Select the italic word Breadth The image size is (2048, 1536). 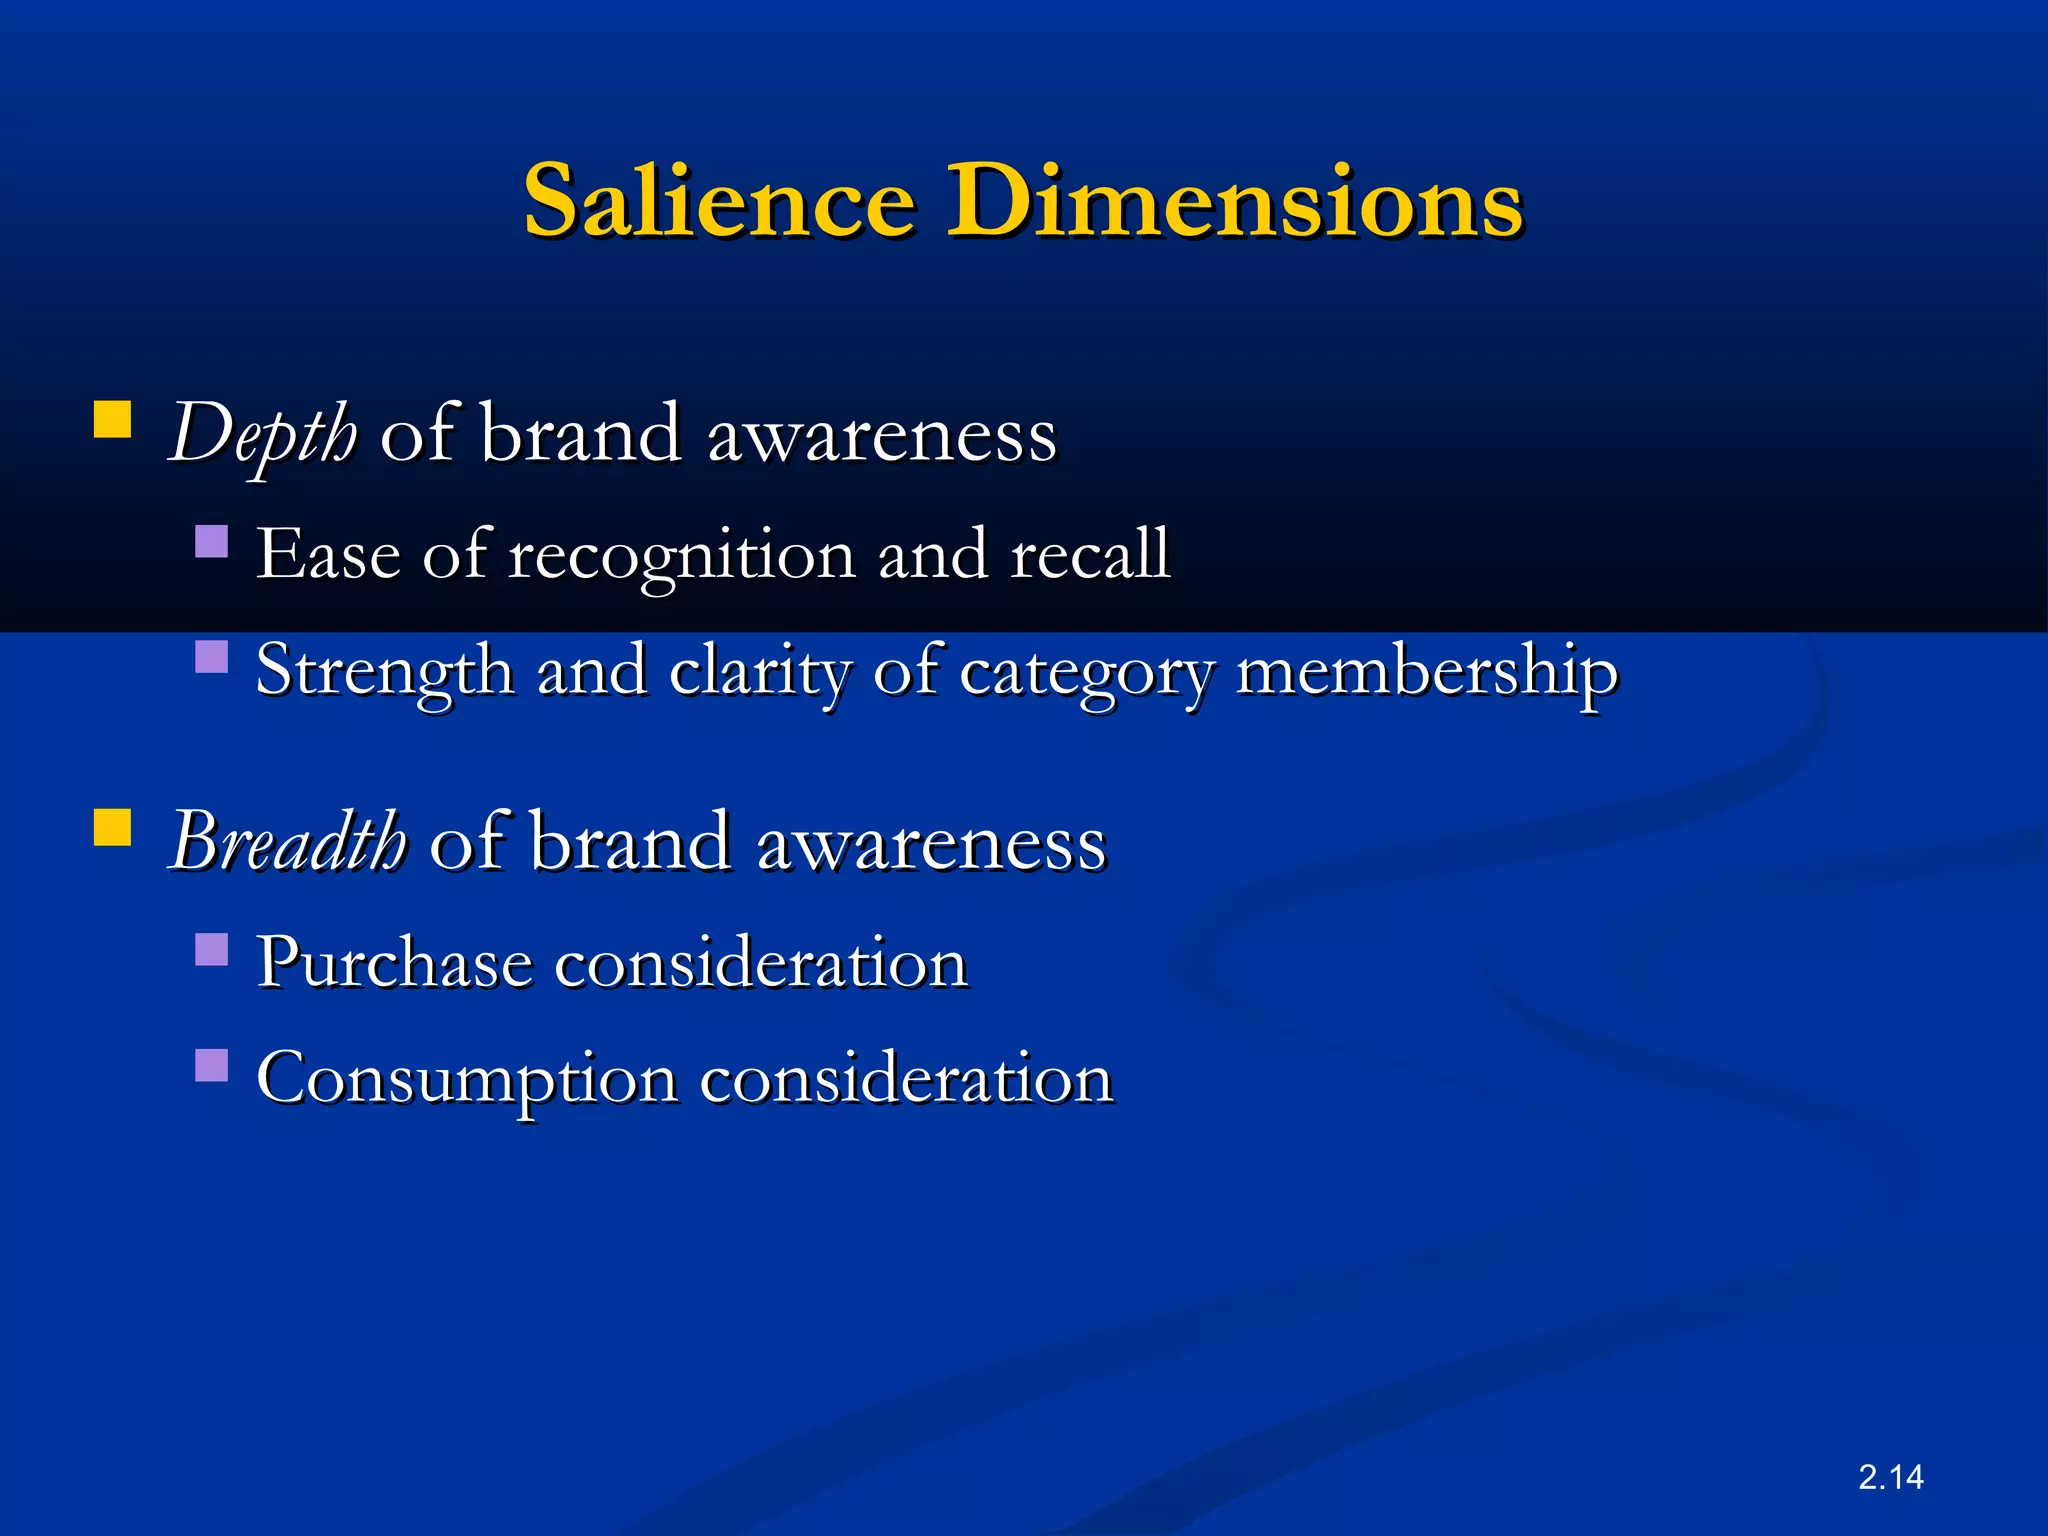tap(288, 842)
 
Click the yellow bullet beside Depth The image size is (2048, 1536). tap(113, 420)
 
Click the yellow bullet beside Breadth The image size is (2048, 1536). tap(113, 827)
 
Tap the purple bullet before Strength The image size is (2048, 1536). tap(212, 657)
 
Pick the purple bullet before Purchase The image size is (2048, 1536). tap(212, 949)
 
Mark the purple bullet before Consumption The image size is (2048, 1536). tap(212, 1065)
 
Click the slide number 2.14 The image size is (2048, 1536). tap(1890, 1477)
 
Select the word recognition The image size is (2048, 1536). tap(682, 556)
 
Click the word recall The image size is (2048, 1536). tap(1090, 554)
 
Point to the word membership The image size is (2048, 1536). tap(1427, 672)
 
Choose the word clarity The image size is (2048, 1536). tap(759, 672)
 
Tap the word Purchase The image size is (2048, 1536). tap(394, 963)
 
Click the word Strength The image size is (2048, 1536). tap(384, 672)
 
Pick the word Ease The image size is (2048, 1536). tap(328, 554)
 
